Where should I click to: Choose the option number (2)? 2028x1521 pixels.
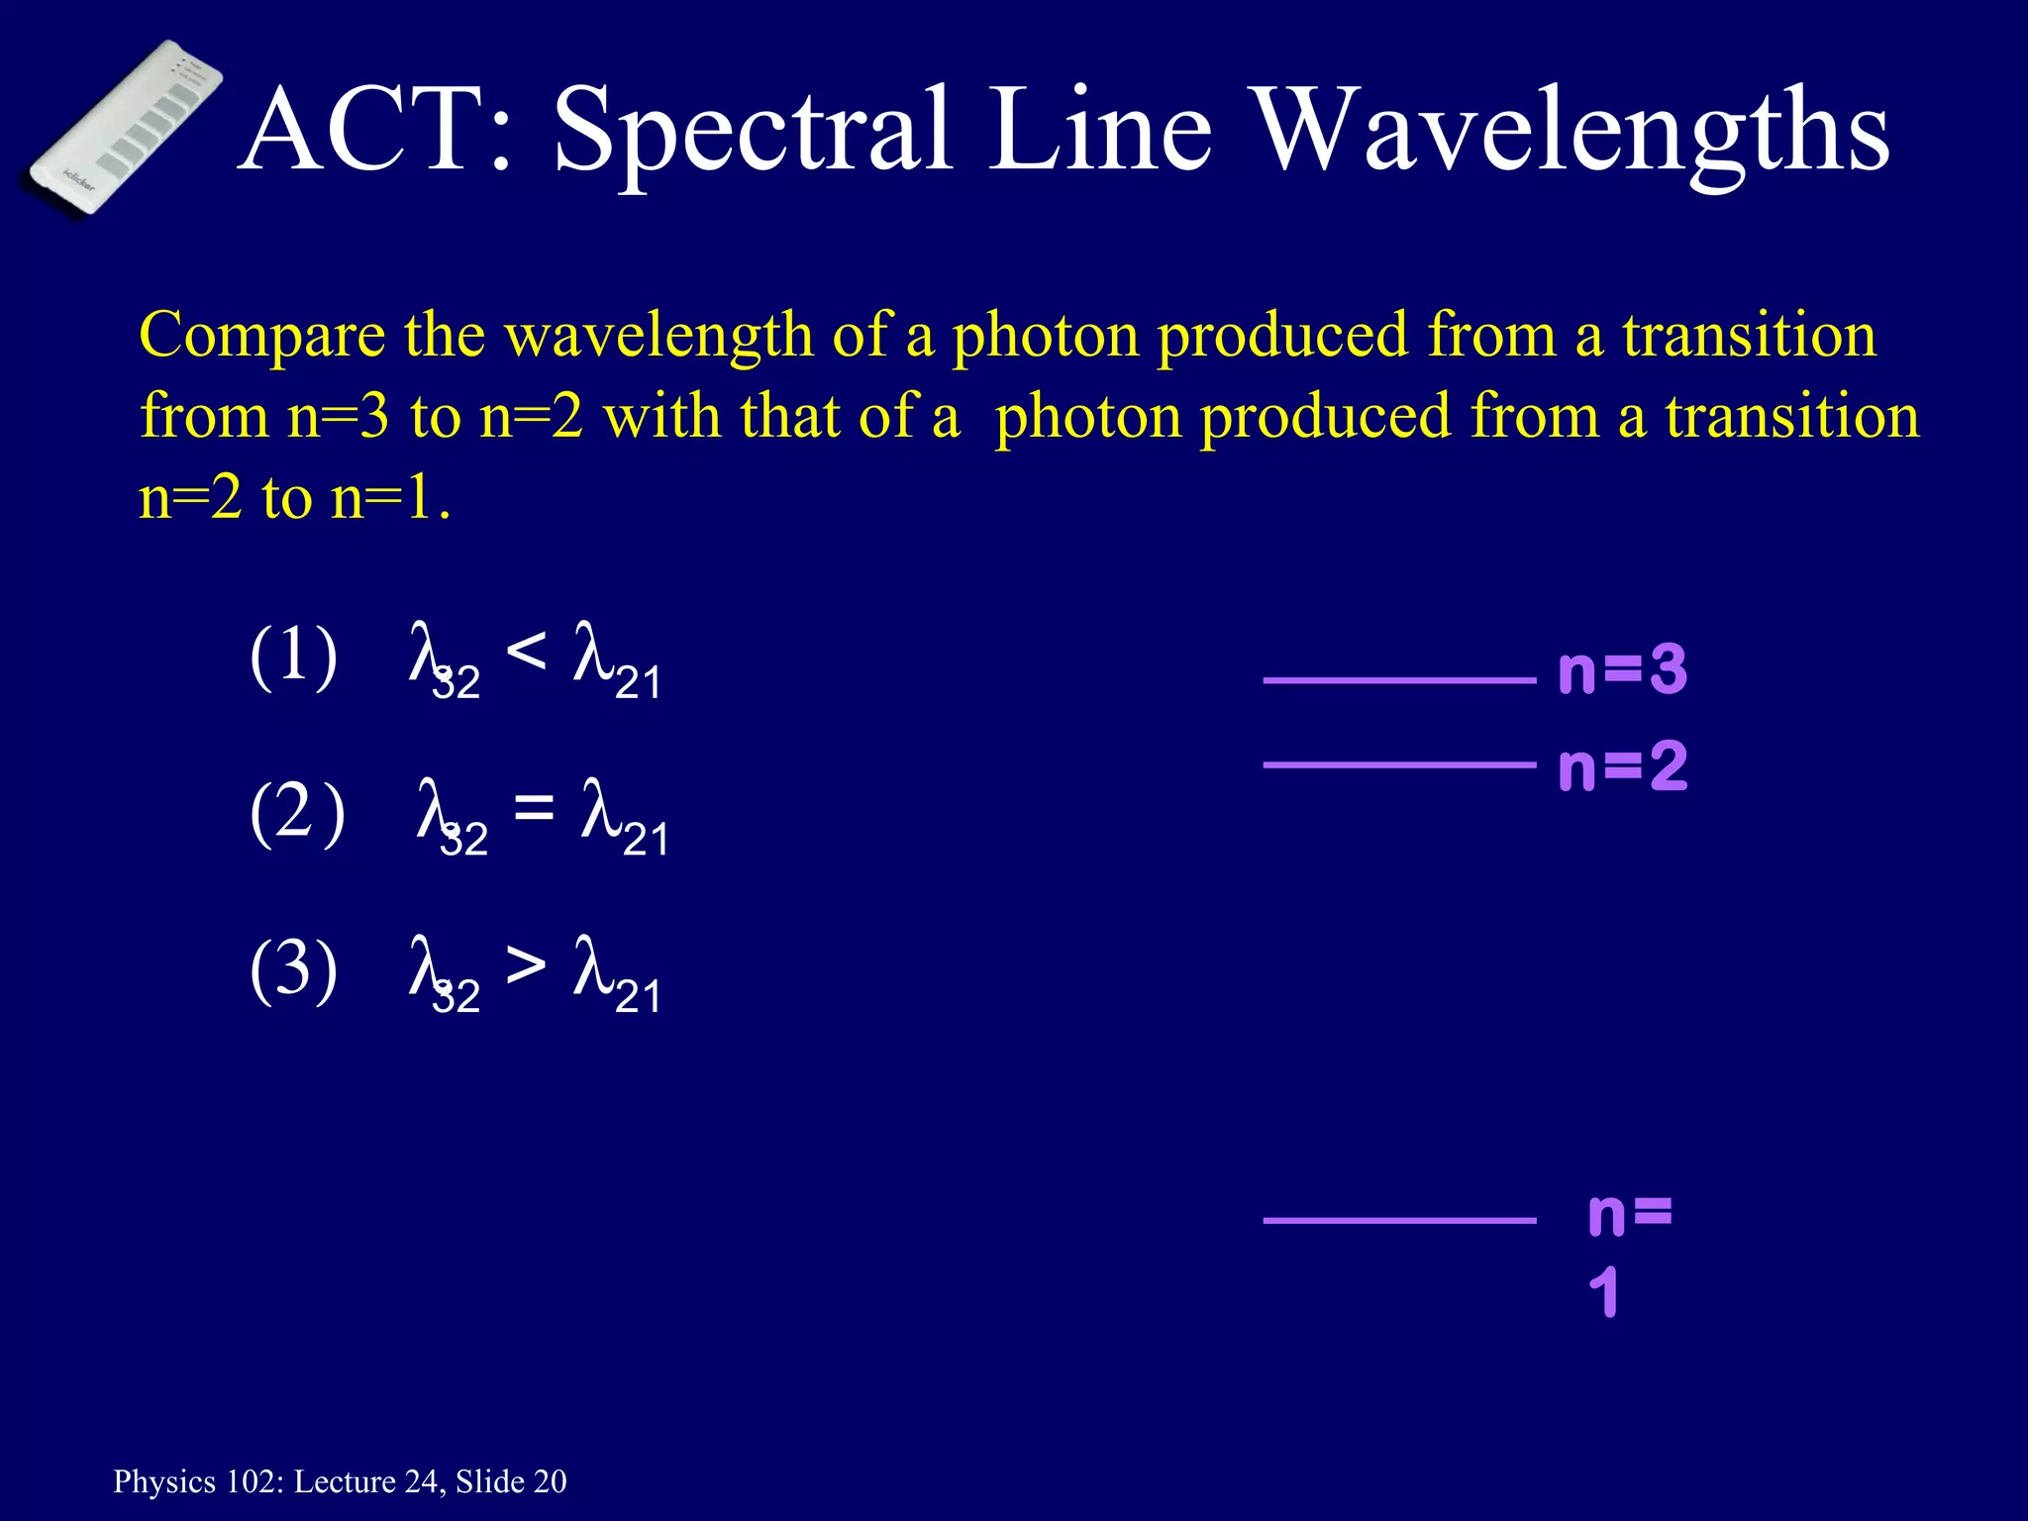(297, 813)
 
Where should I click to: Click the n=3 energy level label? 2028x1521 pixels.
(1622, 670)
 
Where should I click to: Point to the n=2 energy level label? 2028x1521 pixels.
(1622, 766)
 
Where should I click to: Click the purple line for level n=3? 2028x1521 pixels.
(1398, 680)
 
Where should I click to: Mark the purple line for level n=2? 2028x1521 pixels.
(1398, 764)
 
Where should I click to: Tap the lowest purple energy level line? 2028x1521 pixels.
(1398, 1220)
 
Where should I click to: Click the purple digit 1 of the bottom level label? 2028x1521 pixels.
(1603, 1292)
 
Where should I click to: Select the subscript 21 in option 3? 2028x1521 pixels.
(638, 996)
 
